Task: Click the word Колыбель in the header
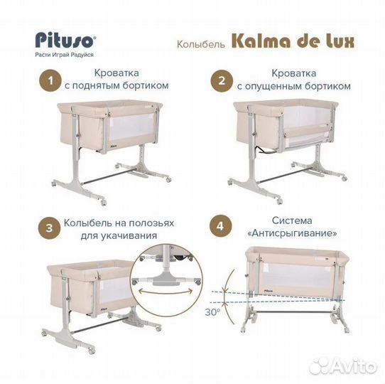tap(201, 43)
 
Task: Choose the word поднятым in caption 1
tap(114, 85)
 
